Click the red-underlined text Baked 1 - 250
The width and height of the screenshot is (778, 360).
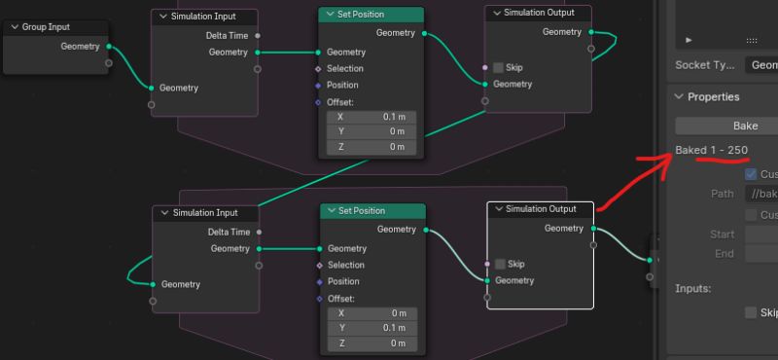[712, 150]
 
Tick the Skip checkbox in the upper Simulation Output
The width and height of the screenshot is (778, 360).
[499, 68]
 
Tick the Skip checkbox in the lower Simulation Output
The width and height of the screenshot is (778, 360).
[500, 265]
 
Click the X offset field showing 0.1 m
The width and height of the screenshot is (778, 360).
[371, 117]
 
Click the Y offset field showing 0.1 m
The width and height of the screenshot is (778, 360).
[371, 329]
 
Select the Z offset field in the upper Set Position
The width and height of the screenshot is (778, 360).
[371, 147]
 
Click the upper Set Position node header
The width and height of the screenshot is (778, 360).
[371, 15]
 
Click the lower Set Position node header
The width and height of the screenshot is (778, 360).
[372, 211]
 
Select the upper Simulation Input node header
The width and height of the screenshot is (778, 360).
[204, 17]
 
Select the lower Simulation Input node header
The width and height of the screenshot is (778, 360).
[205, 213]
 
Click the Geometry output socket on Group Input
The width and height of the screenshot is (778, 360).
[109, 47]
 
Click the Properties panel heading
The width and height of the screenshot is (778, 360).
[713, 97]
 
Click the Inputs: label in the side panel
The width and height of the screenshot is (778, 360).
[694, 289]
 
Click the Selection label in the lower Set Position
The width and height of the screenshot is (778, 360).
[345, 266]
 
